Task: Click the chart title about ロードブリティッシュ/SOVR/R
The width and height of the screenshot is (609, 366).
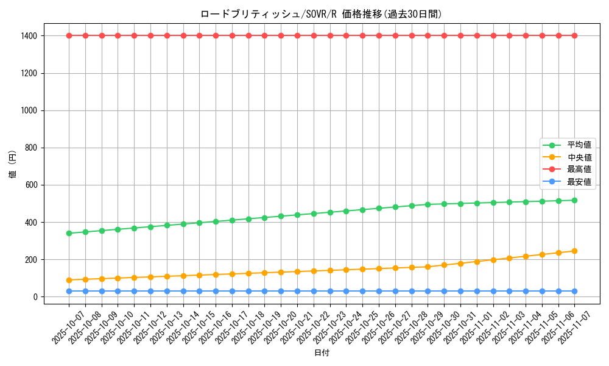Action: (321, 14)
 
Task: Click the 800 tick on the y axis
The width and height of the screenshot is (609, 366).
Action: (31, 148)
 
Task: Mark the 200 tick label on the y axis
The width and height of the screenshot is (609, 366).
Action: (31, 260)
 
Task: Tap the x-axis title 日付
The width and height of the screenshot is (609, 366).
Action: (322, 353)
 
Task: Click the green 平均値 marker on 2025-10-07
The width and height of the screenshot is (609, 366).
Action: (69, 233)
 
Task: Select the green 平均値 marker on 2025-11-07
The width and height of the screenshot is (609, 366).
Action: (574, 200)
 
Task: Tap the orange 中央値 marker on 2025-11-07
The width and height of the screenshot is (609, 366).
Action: (574, 251)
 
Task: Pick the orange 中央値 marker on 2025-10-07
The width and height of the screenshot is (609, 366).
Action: (69, 280)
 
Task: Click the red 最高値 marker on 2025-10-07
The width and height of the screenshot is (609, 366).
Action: (69, 35)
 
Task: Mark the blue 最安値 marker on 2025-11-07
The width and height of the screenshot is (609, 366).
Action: (574, 291)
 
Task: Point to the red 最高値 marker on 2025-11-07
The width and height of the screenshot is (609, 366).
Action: (574, 35)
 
